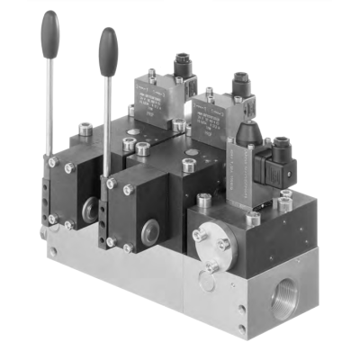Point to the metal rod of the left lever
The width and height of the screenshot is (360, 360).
click(49, 99)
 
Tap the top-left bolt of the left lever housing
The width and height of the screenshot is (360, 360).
click(54, 163)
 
